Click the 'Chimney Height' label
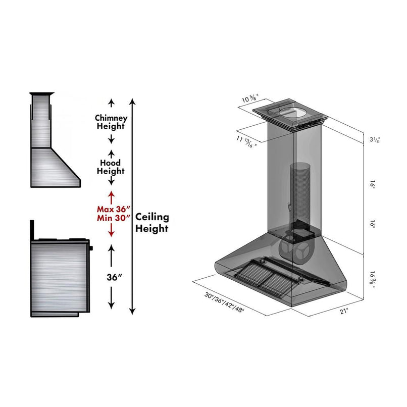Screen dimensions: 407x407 point(111,122)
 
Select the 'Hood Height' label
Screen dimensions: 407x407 point(111,167)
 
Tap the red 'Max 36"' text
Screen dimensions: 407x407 point(114,208)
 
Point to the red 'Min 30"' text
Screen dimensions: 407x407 point(114,218)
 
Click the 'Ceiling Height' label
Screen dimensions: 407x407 point(151,223)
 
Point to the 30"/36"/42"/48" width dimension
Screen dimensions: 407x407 point(224,302)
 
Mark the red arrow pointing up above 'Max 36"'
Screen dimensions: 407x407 point(111,195)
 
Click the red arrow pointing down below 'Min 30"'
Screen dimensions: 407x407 point(111,231)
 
